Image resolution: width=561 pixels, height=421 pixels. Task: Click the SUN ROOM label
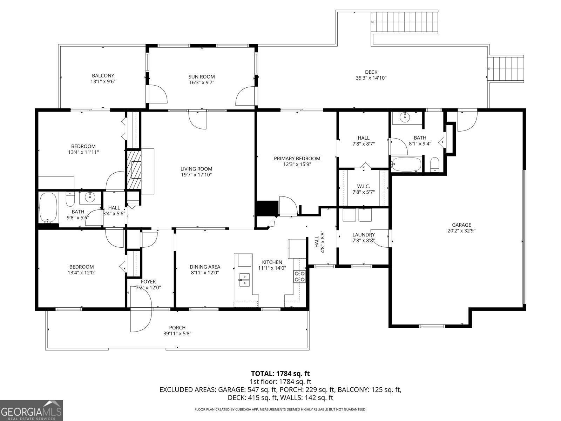tap(201, 76)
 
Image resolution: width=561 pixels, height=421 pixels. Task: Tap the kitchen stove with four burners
tap(299, 276)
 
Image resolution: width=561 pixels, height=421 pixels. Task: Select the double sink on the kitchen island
tap(244, 280)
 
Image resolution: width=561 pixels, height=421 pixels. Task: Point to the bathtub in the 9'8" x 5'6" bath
tap(48, 208)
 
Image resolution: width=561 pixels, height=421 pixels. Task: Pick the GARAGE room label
tap(461, 225)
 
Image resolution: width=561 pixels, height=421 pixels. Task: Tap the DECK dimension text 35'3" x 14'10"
tap(371, 78)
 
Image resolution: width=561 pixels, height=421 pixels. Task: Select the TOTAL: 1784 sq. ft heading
tap(280, 373)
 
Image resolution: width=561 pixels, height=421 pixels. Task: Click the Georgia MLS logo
tap(31, 410)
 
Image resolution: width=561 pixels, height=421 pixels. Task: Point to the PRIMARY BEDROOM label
tap(297, 159)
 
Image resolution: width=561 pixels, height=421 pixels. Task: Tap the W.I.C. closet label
tap(364, 186)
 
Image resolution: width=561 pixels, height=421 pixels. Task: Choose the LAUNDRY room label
tap(364, 235)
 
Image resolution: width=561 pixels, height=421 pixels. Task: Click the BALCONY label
tap(103, 75)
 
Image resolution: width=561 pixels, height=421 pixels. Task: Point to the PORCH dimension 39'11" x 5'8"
tap(177, 333)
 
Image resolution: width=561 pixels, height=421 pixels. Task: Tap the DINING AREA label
tap(205, 267)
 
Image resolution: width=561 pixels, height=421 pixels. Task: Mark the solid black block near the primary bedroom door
tap(267, 208)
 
